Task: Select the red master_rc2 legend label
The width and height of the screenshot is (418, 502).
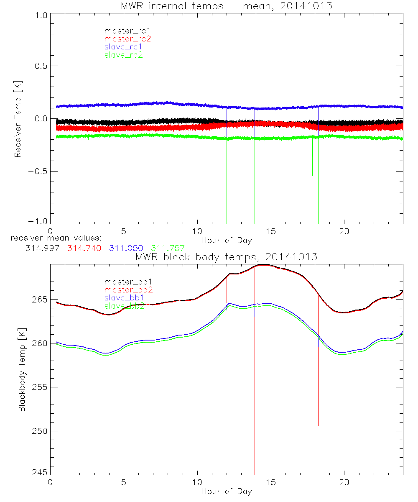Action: (127, 39)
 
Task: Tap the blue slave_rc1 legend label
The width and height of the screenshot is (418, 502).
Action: (123, 47)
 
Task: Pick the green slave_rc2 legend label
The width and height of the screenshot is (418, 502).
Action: (123, 55)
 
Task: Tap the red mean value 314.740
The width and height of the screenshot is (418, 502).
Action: (84, 248)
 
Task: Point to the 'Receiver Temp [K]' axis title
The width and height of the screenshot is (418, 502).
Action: (18, 119)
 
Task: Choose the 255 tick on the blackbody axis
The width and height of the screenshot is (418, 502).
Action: (38, 387)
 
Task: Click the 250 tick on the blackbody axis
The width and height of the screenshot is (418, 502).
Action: (38, 431)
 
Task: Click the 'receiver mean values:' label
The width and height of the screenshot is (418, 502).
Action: (54, 238)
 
